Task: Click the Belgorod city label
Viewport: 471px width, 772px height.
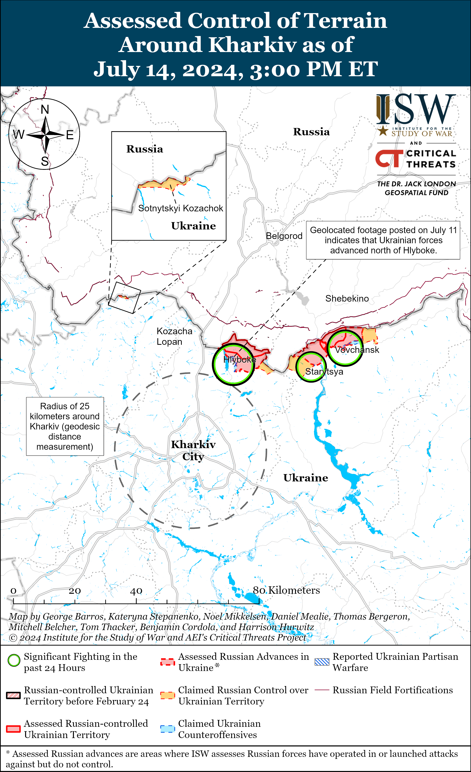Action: coord(284,236)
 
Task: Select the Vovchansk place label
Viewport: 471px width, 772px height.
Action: coord(357,350)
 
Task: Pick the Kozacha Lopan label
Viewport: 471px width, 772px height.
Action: coord(174,336)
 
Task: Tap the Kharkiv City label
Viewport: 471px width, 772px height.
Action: coord(193,451)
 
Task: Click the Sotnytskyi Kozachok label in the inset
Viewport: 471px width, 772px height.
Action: coord(181,208)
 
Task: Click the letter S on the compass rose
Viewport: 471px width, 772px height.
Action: coord(45,161)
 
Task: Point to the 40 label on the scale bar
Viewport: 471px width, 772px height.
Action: coord(136,591)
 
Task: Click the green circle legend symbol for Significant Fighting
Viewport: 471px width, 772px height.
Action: coord(14,661)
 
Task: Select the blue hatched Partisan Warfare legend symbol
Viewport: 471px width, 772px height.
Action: coord(322,662)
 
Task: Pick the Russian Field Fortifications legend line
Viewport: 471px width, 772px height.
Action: coord(322,690)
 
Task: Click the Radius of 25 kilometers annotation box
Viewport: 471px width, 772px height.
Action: coord(65,426)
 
